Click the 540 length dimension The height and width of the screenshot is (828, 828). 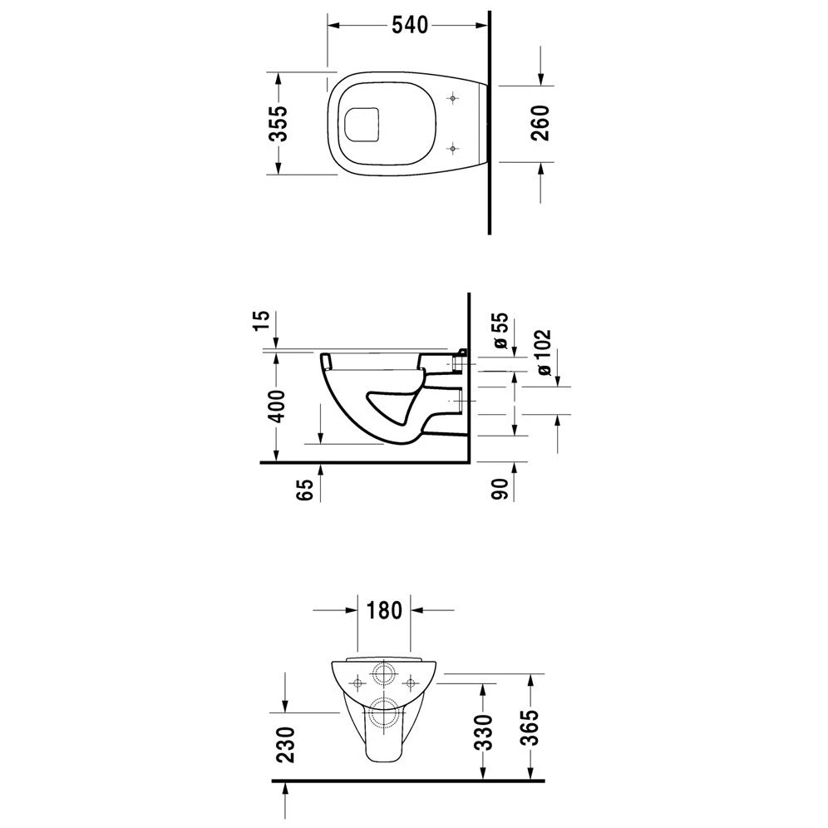tap(409, 26)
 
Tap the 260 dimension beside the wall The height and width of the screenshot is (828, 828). tap(540, 123)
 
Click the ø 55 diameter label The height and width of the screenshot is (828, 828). tap(500, 332)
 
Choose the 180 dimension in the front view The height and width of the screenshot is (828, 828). tap(383, 609)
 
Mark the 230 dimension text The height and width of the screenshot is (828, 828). tap(285, 744)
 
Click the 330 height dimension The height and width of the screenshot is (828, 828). tap(484, 732)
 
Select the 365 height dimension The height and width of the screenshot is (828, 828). tap(531, 729)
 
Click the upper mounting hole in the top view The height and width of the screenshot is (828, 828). tap(452, 98)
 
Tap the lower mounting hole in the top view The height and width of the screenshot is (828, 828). tap(452, 148)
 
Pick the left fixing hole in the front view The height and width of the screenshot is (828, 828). tap(358, 683)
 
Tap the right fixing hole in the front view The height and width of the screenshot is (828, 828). tap(410, 683)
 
